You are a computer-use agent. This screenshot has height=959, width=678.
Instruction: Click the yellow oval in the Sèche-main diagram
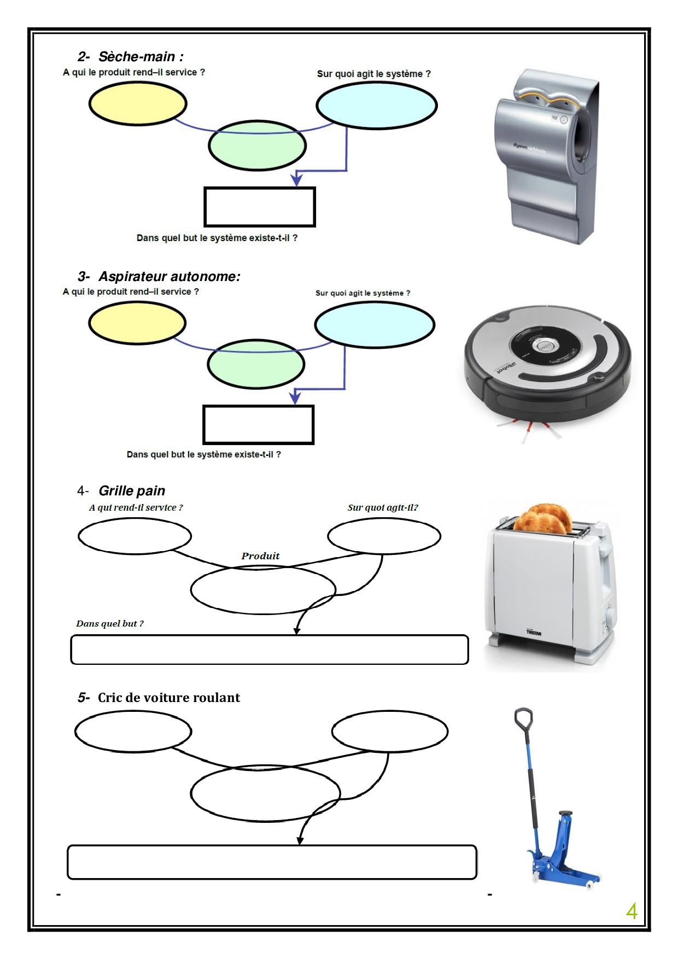click(138, 103)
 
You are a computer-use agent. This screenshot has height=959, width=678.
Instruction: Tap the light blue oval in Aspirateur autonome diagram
click(375, 325)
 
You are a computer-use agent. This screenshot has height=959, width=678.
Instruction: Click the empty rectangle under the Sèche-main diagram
click(260, 207)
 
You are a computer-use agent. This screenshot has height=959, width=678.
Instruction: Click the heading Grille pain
click(132, 490)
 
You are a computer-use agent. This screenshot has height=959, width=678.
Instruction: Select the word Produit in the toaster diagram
click(260, 556)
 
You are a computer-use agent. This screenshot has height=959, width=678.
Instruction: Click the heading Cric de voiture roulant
click(168, 698)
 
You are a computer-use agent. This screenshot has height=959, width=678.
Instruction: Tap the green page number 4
click(632, 911)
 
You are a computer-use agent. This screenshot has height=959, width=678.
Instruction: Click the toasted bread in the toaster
click(542, 519)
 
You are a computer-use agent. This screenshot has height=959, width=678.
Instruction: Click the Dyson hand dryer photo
click(547, 156)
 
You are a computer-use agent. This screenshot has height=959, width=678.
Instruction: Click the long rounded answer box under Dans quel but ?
click(270, 650)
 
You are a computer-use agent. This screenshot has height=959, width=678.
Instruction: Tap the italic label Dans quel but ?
click(110, 623)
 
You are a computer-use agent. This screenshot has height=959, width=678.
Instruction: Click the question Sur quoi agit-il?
click(383, 507)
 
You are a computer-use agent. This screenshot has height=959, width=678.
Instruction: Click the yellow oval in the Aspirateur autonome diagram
click(137, 323)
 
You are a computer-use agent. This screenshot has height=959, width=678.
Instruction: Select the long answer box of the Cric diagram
click(272, 862)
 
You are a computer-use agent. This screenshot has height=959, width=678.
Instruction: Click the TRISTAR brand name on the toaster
click(534, 633)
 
